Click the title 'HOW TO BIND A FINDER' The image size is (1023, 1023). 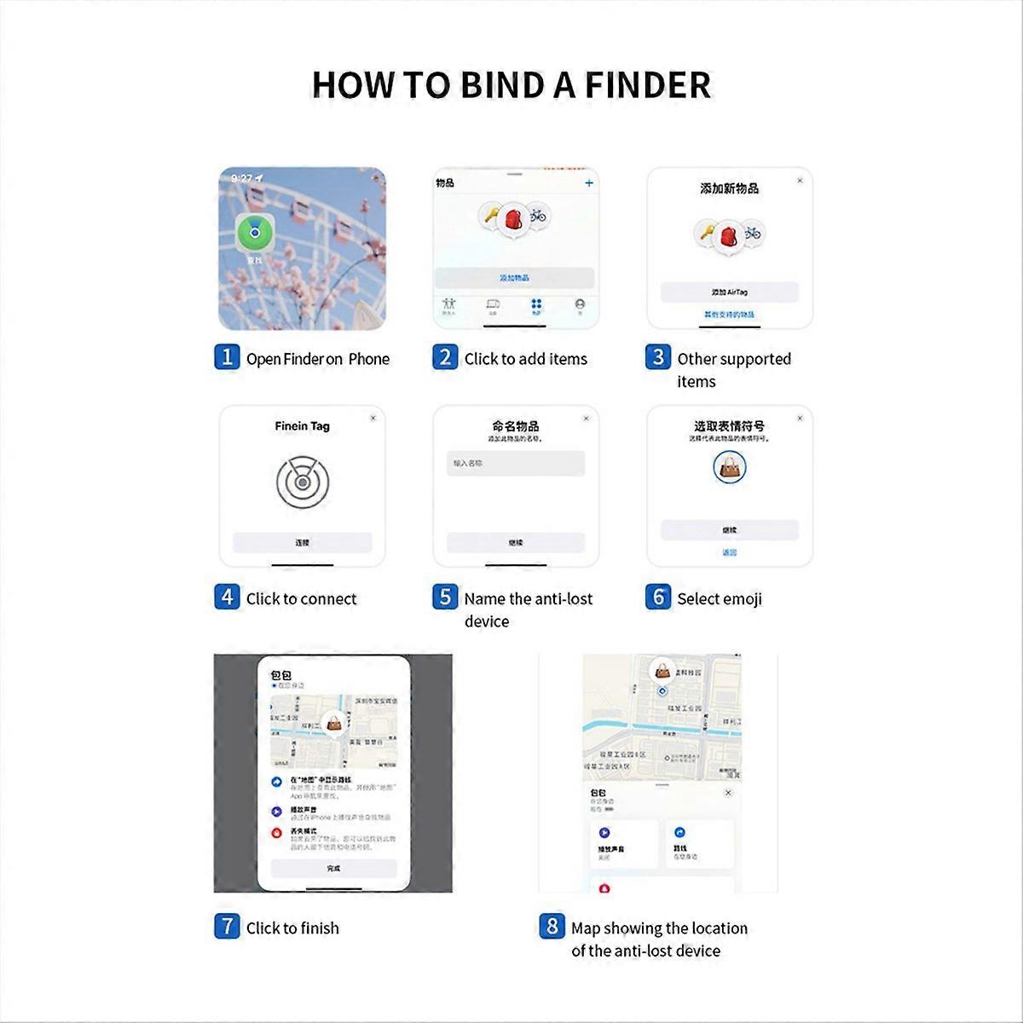[x=511, y=85]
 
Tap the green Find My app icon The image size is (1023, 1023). [x=254, y=231]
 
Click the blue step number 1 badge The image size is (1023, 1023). [x=226, y=357]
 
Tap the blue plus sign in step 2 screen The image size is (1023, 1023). [x=588, y=183]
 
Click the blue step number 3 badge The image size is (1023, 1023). [x=657, y=357]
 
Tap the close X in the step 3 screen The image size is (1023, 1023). [x=800, y=181]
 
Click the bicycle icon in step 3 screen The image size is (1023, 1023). [x=751, y=233]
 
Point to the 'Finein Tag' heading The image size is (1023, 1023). [x=302, y=426]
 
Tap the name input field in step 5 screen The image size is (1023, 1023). [x=516, y=463]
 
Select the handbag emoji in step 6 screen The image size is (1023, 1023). [x=729, y=466]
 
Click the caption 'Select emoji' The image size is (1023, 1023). [x=720, y=599]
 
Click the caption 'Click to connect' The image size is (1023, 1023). [x=301, y=599]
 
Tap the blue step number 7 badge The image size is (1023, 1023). [x=226, y=926]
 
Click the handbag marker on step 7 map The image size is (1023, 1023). [x=336, y=725]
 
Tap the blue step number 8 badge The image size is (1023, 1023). [x=552, y=926]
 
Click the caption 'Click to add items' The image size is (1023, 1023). [x=525, y=359]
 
